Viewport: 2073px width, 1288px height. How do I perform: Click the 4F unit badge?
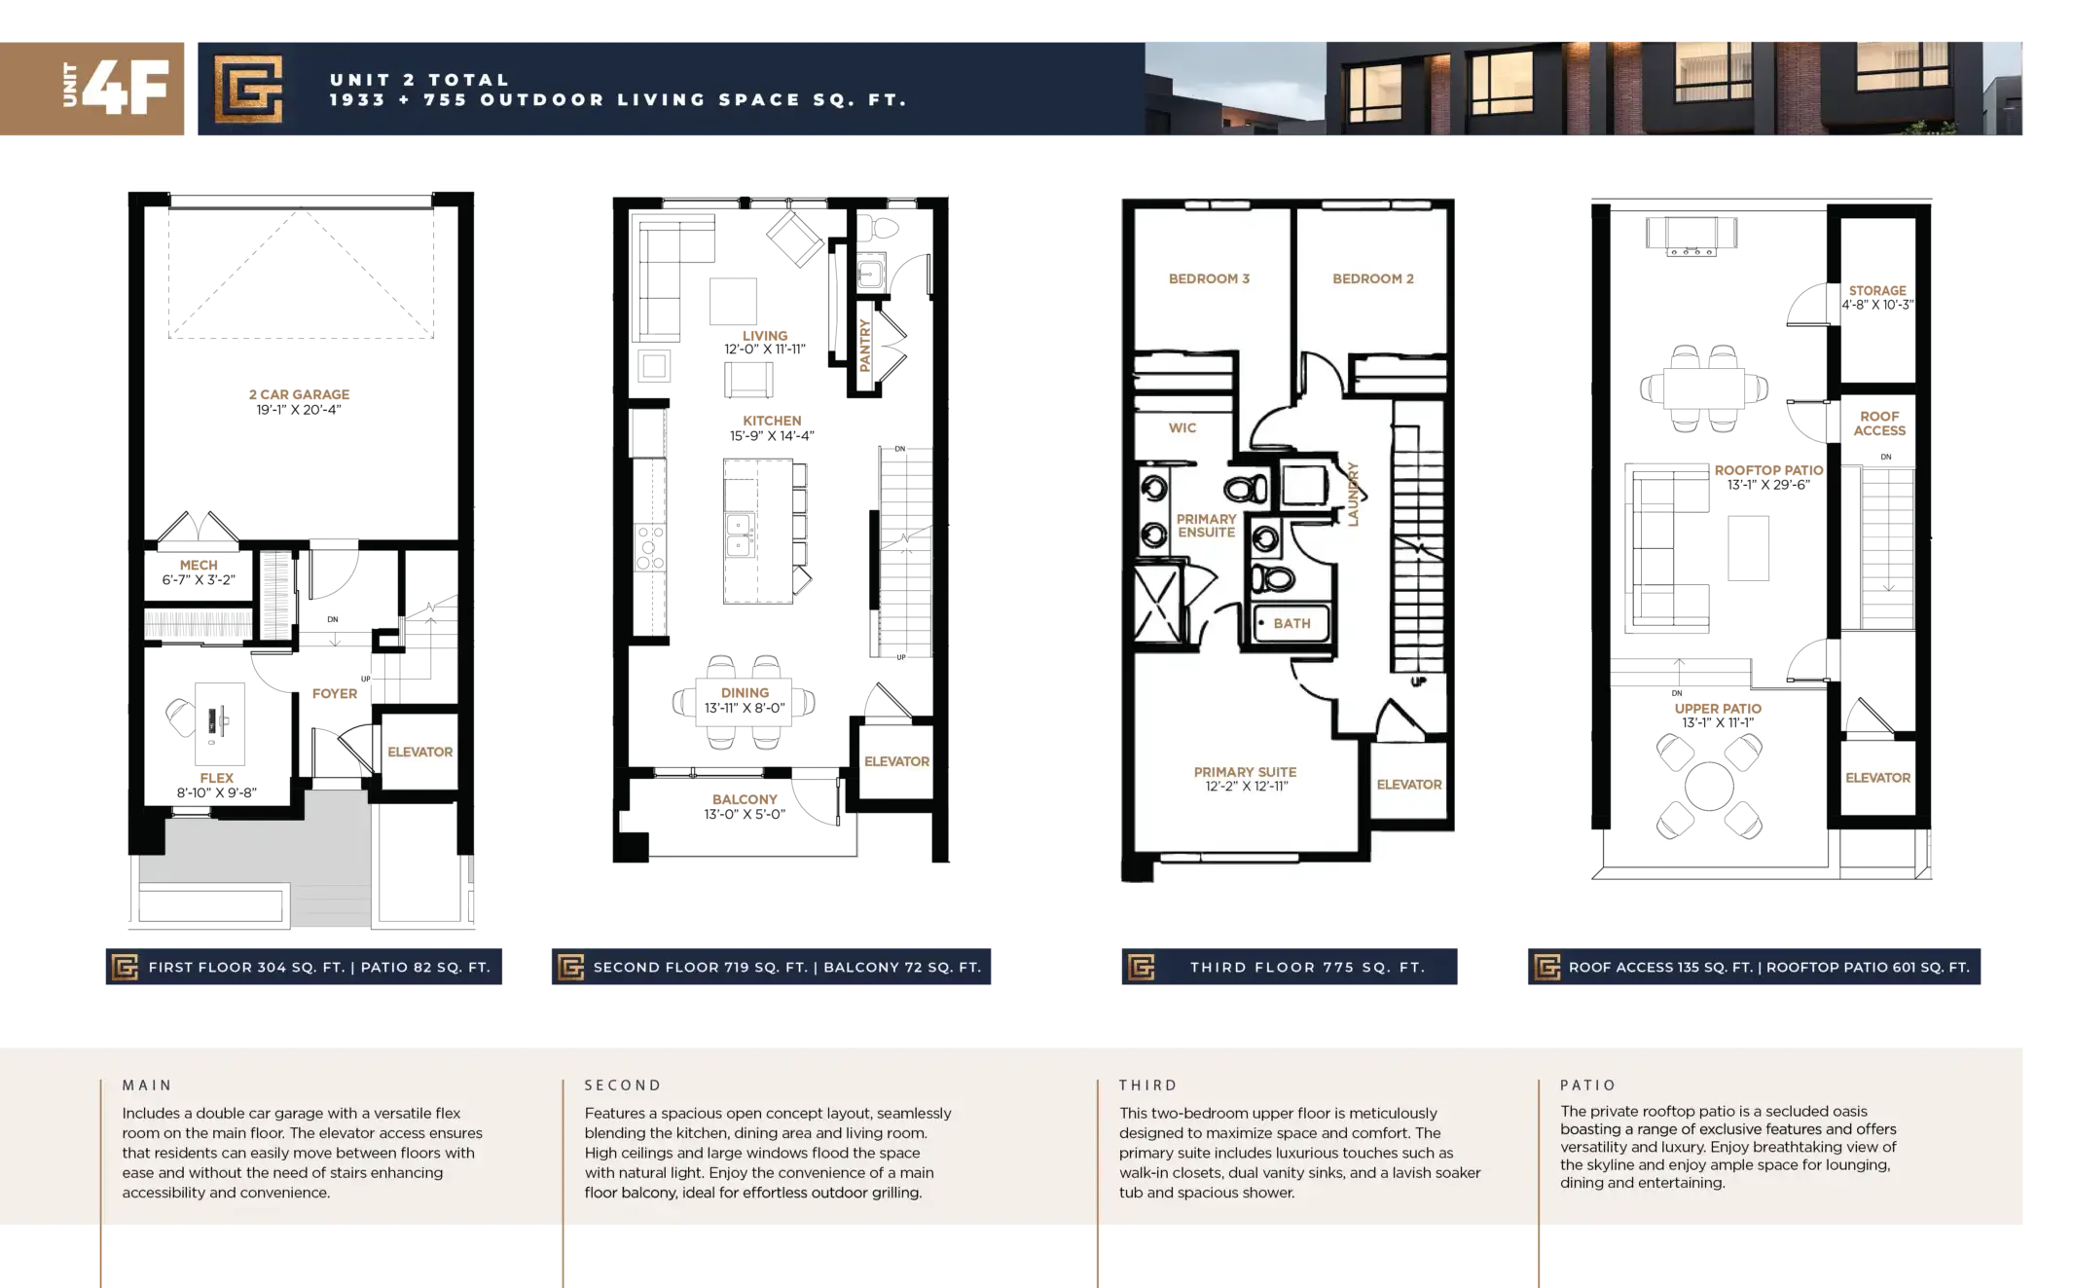pos(91,89)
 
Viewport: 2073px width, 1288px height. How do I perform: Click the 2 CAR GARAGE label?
pos(299,394)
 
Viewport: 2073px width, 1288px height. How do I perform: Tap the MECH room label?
pos(199,565)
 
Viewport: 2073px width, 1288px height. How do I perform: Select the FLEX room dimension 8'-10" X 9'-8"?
pos(217,792)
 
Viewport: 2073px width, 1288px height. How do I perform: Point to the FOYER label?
pos(335,693)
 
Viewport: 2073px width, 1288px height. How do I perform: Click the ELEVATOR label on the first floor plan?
pos(420,752)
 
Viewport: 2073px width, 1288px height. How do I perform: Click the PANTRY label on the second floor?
pos(865,345)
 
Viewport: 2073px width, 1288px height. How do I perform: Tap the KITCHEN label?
pos(772,421)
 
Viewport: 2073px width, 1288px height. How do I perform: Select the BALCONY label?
pos(745,799)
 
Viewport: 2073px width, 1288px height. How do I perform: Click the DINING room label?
pos(745,692)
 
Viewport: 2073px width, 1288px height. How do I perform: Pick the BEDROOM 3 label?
pos(1209,278)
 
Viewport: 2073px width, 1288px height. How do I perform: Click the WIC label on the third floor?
pos(1182,427)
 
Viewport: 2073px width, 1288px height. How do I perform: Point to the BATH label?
pos(1291,623)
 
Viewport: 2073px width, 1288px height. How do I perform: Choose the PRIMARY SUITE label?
pos(1245,772)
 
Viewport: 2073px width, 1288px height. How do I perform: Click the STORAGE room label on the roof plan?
pos(1877,290)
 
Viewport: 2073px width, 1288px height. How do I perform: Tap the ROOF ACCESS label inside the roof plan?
pos(1879,423)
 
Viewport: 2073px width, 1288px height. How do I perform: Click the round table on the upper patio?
pos(1709,786)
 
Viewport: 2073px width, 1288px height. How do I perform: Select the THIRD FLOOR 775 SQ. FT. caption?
pos(1307,967)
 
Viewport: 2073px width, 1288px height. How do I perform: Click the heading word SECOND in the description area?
pos(623,1085)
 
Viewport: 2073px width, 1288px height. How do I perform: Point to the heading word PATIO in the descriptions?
pos(1587,1085)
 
